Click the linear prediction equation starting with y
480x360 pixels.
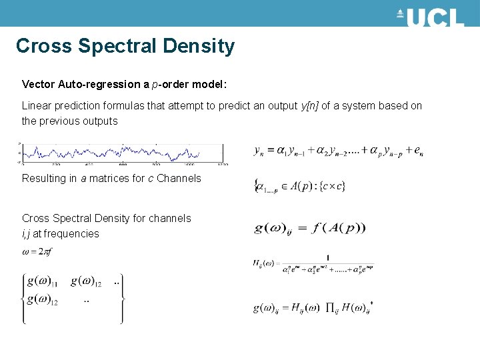coord(339,152)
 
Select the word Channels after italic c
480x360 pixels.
coord(179,178)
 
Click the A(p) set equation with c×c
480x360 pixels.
coord(300,185)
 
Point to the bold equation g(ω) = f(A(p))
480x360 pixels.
coord(310,228)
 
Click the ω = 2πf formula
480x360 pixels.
coord(38,251)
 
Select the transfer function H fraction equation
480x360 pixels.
coord(313,264)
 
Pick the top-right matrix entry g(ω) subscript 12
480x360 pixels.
coord(87,282)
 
